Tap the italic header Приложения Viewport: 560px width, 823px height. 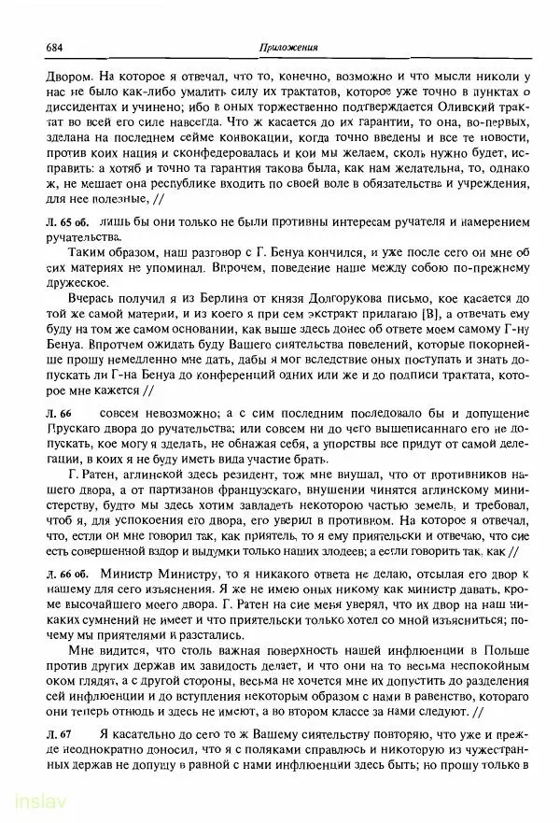(x=287, y=48)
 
